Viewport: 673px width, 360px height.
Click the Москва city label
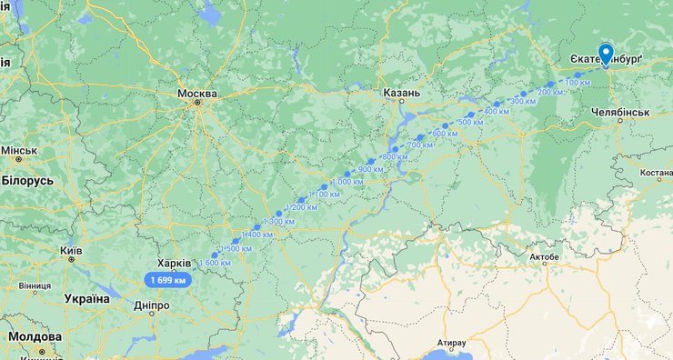pyautogui.click(x=197, y=94)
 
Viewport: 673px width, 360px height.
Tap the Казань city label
pyautogui.click(x=401, y=93)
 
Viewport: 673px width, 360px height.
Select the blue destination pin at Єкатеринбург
pyautogui.click(x=607, y=53)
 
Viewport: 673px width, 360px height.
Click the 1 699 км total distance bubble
pyautogui.click(x=168, y=280)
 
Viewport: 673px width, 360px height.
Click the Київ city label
pyautogui.click(x=70, y=250)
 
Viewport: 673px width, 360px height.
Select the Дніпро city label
pyautogui.click(x=151, y=306)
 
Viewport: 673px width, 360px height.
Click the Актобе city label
pyautogui.click(x=544, y=257)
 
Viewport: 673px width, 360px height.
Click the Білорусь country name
pyautogui.click(x=27, y=181)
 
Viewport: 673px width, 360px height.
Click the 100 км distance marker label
pyautogui.click(x=578, y=83)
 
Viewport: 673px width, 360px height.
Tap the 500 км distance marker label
pyautogui.click(x=470, y=122)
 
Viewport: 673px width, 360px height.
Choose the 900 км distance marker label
pyautogui.click(x=370, y=169)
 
